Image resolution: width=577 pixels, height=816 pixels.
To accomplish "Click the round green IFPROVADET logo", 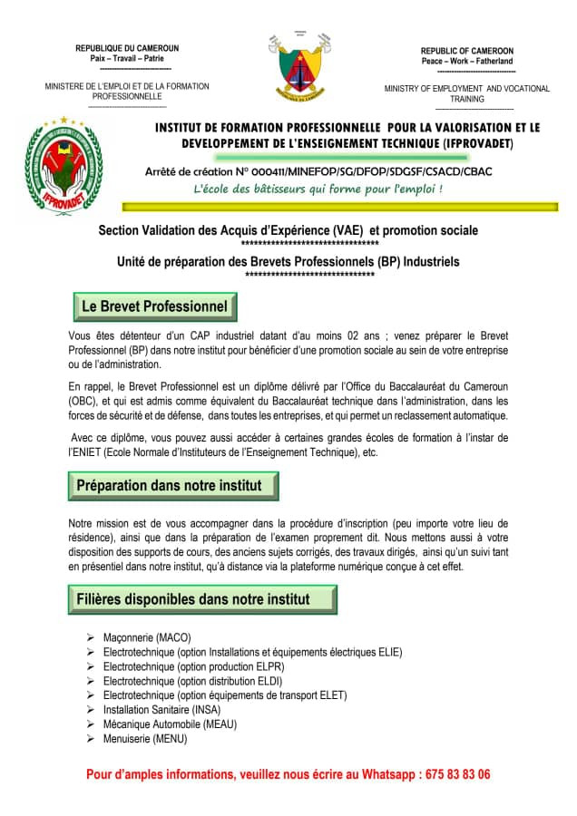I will [x=64, y=163].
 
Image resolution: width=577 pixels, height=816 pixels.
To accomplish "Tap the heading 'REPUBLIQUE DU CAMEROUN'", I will [x=127, y=48].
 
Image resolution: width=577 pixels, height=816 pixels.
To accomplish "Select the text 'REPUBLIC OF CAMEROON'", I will [x=466, y=51].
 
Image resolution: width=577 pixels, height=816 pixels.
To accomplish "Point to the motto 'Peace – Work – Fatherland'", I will [x=466, y=61].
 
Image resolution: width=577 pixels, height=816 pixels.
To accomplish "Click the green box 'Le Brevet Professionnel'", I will [x=154, y=306].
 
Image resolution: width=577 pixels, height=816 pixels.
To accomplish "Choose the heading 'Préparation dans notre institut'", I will [x=170, y=485].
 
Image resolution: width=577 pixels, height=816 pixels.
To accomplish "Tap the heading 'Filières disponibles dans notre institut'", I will [x=193, y=599].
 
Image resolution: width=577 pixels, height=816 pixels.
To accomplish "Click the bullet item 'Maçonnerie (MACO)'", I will [x=147, y=637].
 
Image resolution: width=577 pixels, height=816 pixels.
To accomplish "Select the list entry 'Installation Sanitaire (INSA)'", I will [x=161, y=710].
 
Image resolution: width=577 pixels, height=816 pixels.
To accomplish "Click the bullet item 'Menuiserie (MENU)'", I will [x=145, y=739].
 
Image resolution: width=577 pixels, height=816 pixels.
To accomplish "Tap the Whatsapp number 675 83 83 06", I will [x=458, y=774].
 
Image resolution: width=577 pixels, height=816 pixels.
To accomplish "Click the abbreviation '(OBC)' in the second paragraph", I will [x=83, y=401].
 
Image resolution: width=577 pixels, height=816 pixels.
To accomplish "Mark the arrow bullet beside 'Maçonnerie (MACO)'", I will [x=91, y=637].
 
